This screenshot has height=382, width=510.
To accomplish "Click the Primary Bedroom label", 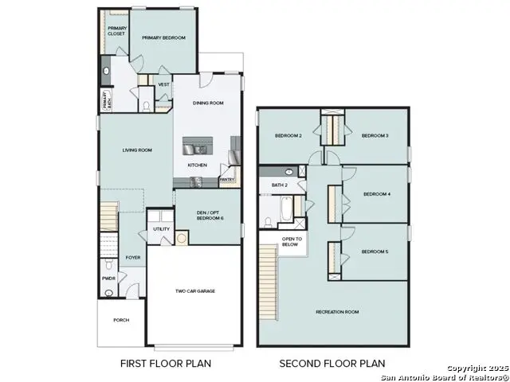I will click(x=163, y=38).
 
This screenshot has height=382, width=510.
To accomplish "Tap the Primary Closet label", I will click(x=117, y=32).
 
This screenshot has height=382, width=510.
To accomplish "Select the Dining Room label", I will click(x=209, y=103).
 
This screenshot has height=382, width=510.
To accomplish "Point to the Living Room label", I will click(x=137, y=150).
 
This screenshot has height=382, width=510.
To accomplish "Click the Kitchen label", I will click(x=198, y=165).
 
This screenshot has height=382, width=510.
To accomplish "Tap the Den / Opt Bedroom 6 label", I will click(x=210, y=215).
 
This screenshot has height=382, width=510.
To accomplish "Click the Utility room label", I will click(x=161, y=229).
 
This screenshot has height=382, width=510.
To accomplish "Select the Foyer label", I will click(x=132, y=257).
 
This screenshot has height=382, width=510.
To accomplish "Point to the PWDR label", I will click(x=108, y=279).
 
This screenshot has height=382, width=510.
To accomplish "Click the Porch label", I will click(x=121, y=320).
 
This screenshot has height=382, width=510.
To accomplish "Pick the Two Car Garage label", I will click(x=193, y=291).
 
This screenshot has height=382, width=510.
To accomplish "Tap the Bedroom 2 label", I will click(x=288, y=136).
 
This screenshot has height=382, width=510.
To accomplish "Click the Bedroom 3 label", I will click(x=375, y=136).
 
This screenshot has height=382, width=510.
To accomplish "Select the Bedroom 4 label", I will click(x=376, y=193).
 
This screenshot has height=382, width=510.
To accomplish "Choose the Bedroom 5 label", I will click(x=375, y=251).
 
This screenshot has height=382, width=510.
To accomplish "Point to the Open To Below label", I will click(x=291, y=242).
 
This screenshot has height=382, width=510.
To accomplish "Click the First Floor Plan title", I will click(x=166, y=364).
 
